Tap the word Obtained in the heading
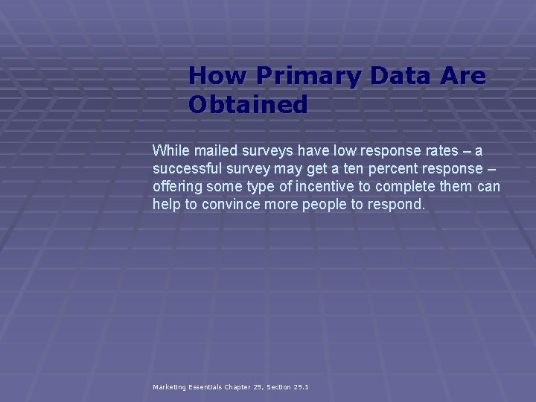[x=248, y=105]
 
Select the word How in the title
[x=219, y=76]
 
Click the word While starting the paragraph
[x=170, y=151]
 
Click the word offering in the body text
[x=176, y=186]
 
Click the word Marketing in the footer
[x=169, y=387]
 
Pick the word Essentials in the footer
[x=205, y=387]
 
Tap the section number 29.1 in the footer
[x=300, y=387]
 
